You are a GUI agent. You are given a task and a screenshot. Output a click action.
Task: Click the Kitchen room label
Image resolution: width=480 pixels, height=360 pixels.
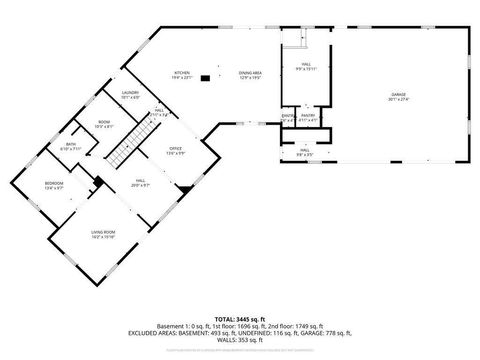[x=181, y=75]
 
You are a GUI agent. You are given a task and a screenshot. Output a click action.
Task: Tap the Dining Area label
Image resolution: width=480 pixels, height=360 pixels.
[x=250, y=75]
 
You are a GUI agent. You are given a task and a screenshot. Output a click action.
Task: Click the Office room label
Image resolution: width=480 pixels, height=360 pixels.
[x=176, y=149]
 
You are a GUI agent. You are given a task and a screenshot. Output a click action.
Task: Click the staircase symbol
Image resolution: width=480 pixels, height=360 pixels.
[x=122, y=154]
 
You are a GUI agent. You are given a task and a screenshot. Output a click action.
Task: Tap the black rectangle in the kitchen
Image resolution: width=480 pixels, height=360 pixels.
[x=205, y=76]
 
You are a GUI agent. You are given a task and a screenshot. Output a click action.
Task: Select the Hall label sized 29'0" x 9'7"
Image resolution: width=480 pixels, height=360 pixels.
[x=140, y=183]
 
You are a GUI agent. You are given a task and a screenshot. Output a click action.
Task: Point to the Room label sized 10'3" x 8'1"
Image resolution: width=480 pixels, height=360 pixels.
[x=103, y=125]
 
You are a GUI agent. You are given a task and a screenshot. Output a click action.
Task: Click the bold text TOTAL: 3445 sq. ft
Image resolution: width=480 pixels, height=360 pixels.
[x=240, y=317]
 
